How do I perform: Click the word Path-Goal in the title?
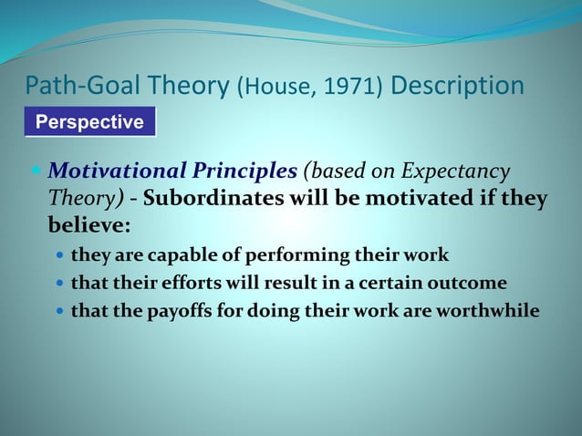[x=83, y=87]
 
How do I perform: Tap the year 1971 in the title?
[x=348, y=88]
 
